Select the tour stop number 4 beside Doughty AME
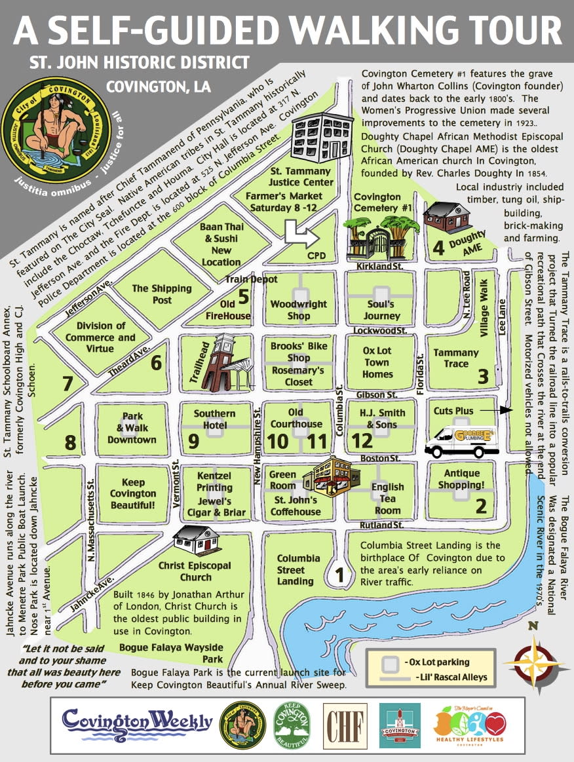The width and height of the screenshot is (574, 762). click(438, 248)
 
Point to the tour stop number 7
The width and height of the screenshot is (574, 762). click(67, 383)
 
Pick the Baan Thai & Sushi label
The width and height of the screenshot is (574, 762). click(221, 244)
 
